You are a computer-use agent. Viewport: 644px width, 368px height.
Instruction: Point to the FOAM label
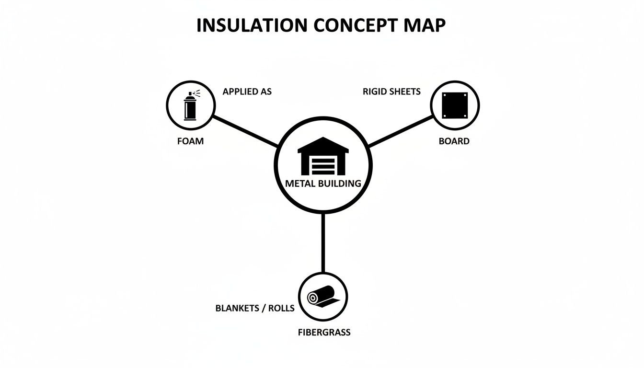click(x=190, y=141)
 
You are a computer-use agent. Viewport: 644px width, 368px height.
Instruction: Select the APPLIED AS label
click(x=247, y=91)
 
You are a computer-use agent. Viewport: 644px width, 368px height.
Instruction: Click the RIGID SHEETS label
click(x=391, y=91)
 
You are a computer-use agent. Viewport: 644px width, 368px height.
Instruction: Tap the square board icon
click(x=454, y=105)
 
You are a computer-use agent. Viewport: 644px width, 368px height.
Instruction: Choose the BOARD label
click(x=454, y=141)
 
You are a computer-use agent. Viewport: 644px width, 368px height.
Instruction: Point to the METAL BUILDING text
click(x=322, y=183)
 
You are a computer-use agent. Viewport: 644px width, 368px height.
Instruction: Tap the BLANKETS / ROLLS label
click(x=255, y=308)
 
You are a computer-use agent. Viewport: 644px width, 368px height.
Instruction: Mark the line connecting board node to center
click(x=400, y=130)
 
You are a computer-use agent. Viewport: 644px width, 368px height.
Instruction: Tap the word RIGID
click(x=374, y=91)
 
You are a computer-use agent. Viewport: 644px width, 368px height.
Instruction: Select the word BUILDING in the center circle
click(x=340, y=183)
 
